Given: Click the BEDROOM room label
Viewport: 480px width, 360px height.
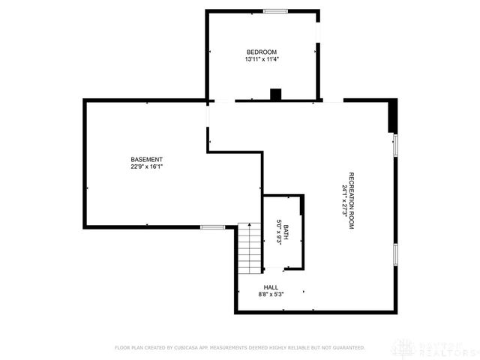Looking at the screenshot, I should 261,52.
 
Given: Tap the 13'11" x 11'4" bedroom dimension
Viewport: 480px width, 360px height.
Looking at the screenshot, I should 261,59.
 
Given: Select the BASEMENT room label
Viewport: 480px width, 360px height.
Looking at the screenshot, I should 146,159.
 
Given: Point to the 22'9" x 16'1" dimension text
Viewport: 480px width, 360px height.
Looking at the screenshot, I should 146,166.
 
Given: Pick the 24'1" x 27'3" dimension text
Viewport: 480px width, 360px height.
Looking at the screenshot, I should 343,200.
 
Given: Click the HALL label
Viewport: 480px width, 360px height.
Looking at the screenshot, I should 271,287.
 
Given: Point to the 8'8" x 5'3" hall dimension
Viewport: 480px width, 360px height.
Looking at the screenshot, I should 271,294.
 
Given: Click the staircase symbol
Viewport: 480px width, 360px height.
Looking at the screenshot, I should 248,248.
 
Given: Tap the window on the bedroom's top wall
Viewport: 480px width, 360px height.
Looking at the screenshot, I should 275,10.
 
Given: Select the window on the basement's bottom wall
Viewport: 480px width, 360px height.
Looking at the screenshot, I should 212,226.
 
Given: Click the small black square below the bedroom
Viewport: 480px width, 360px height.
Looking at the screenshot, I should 275,94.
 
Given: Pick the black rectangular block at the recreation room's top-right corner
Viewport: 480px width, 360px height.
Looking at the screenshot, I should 391,116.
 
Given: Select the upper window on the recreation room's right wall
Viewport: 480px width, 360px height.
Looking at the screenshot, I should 395,144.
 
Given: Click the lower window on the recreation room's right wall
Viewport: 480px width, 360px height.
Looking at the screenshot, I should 395,254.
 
